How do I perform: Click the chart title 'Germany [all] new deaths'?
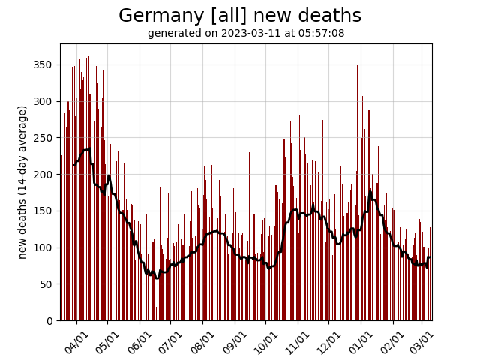[x=240, y=16]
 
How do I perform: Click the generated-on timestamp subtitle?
[x=246, y=33]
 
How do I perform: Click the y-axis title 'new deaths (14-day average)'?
[x=22, y=182]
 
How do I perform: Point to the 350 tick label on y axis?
[x=44, y=65]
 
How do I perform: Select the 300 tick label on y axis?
[x=44, y=101]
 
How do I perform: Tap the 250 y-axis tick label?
[x=44, y=138]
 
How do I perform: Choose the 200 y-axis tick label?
[x=44, y=175]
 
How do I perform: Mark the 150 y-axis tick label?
[x=44, y=211]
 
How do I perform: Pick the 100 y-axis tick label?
[x=44, y=247]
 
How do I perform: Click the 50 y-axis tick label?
[x=46, y=284]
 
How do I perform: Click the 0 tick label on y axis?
[x=49, y=321]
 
